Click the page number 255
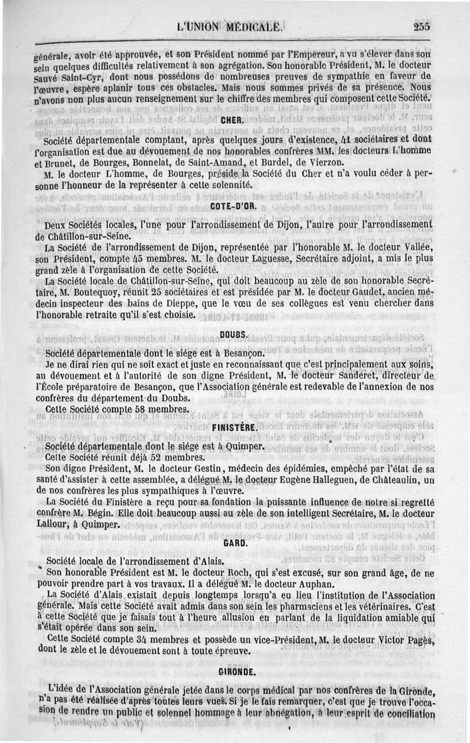tap(421, 26)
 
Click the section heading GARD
tap(233, 542)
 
